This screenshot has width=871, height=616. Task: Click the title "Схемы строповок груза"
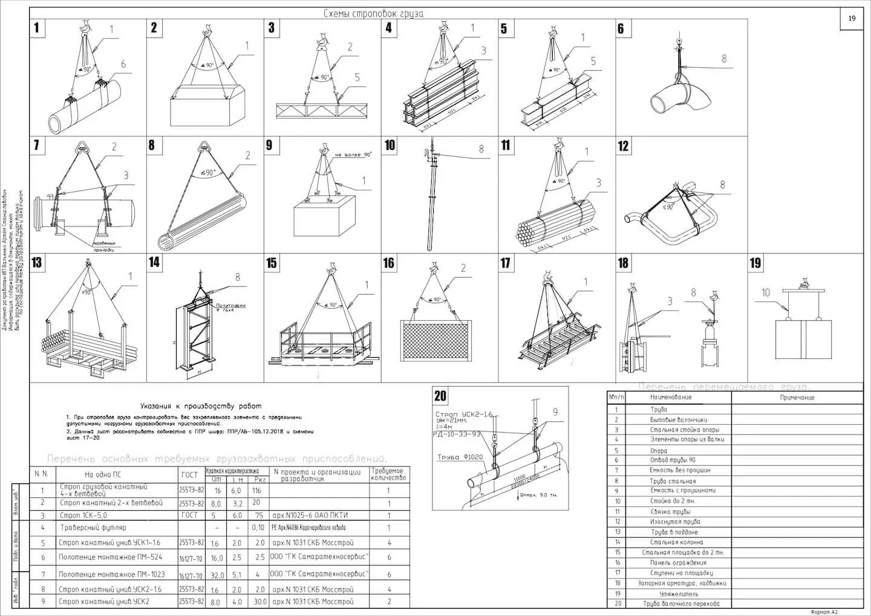click(373, 13)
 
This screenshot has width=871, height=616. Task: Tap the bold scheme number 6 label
click(621, 28)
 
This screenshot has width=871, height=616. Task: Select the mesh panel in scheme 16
click(435, 341)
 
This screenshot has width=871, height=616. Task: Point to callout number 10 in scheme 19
click(766, 293)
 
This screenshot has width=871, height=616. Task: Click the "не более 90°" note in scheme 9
click(353, 155)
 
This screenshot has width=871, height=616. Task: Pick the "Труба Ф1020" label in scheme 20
click(460, 457)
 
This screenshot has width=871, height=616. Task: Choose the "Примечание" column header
click(797, 398)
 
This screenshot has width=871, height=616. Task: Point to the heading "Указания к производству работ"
click(201, 406)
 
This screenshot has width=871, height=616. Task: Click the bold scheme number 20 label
click(440, 396)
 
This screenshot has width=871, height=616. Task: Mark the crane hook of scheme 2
click(209, 28)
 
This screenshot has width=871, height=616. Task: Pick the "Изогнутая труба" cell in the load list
click(675, 522)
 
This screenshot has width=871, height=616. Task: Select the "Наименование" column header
click(670, 398)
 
